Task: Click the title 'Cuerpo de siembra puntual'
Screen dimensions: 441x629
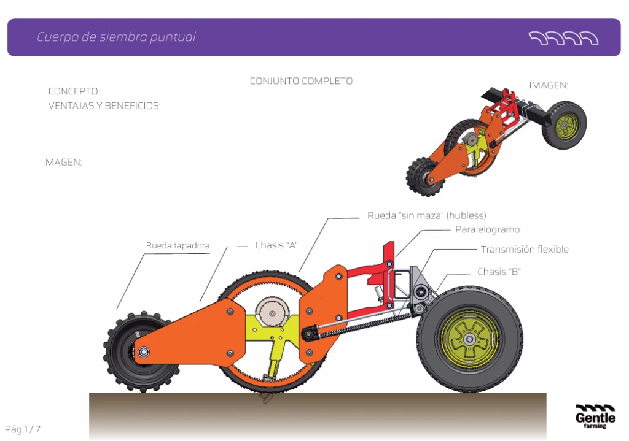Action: (116, 37)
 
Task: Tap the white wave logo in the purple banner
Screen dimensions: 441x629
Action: (563, 38)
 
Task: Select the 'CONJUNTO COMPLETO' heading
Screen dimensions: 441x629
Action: (301, 81)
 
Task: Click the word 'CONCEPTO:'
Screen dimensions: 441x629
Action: (74, 91)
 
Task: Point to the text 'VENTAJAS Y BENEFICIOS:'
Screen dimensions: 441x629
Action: (104, 106)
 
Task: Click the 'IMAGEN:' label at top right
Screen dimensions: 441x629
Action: (549, 85)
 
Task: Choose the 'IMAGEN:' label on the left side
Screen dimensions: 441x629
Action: (62, 163)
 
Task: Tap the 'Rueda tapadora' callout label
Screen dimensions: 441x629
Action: (178, 246)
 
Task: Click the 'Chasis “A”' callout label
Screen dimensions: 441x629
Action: (276, 245)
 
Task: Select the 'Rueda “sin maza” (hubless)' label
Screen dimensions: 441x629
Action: (426, 215)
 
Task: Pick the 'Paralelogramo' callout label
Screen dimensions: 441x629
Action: (487, 229)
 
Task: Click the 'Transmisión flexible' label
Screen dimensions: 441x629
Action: (525, 250)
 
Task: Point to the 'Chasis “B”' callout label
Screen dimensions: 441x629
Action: (499, 272)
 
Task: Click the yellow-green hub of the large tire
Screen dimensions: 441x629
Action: (470, 339)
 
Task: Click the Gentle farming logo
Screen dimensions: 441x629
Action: (595, 416)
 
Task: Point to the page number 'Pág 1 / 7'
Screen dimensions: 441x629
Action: (23, 429)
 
